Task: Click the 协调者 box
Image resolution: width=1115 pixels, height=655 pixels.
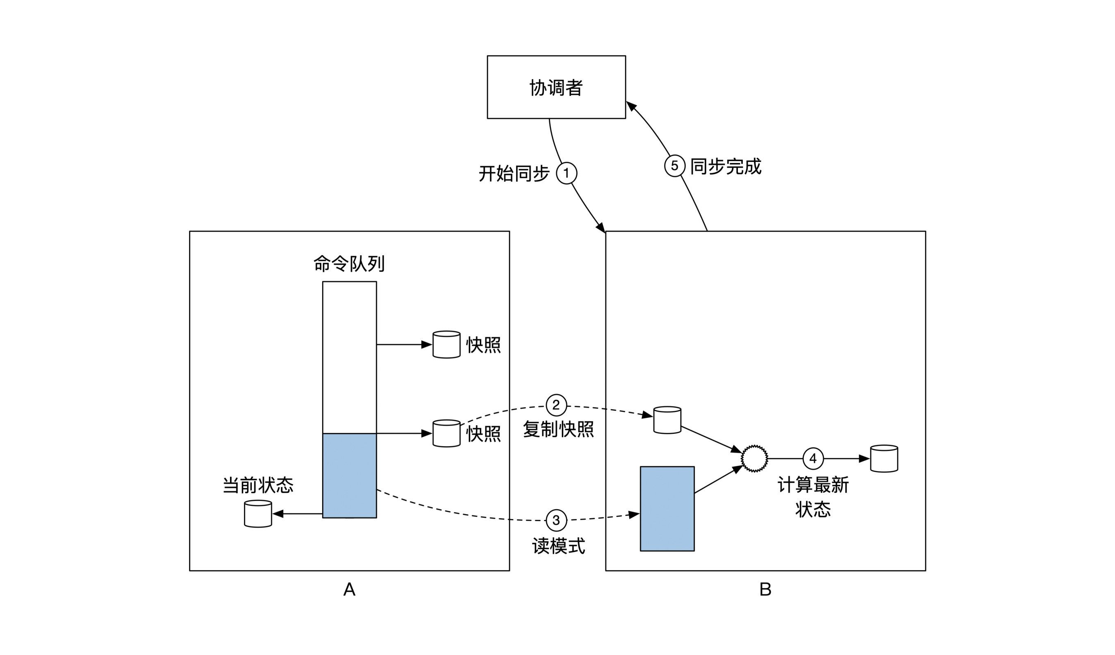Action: (556, 87)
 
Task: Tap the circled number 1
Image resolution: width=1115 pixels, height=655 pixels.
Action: (567, 173)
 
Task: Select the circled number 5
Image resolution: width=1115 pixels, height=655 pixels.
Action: (675, 166)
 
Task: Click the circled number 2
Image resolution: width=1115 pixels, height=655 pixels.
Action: (556, 405)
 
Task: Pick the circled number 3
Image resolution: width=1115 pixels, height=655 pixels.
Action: (556, 521)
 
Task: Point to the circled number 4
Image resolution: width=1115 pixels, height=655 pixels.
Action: (813, 459)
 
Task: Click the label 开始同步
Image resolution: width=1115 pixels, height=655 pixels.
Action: (514, 173)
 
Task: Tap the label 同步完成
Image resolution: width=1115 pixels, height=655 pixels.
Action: (726, 166)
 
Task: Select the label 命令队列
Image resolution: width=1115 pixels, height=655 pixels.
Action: (349, 263)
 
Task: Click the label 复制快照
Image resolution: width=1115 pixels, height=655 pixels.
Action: (558, 429)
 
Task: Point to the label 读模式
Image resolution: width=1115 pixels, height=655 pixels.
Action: (558, 546)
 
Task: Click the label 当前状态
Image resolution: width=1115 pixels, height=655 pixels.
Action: (258, 485)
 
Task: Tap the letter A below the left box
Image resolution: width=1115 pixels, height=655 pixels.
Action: (349, 589)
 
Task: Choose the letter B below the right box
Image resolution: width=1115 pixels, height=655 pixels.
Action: (765, 589)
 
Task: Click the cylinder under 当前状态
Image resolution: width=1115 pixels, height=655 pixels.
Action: (258, 514)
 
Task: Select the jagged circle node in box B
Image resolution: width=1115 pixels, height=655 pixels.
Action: (754, 459)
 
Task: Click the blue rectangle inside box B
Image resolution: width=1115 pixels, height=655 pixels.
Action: (667, 509)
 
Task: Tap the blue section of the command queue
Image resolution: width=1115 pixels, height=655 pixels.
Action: (349, 476)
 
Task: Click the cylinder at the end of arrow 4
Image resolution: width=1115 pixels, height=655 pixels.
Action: (884, 459)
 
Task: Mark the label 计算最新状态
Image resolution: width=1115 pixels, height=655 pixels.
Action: (813, 497)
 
